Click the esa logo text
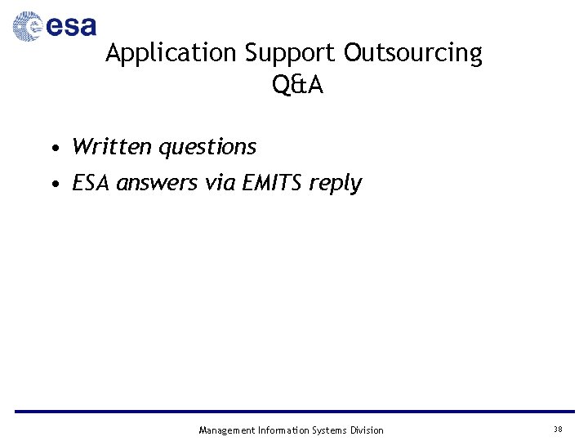[71, 27]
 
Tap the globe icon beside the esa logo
[28, 27]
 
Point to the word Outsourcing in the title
[412, 53]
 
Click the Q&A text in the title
[298, 84]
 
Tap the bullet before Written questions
[53, 148]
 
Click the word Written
[112, 147]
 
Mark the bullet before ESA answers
[53, 184]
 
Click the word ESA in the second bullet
[91, 183]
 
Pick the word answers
[158, 184]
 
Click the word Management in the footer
[226, 430]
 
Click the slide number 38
[558, 430]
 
